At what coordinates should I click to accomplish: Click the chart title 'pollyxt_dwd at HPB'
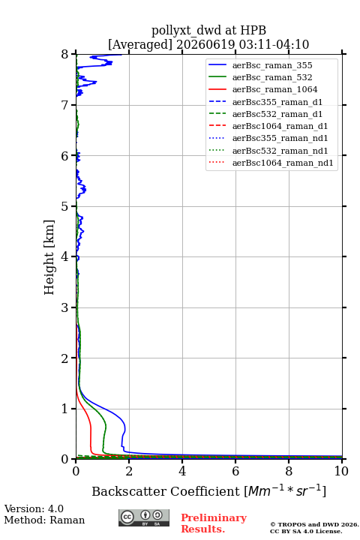(x=208, y=30)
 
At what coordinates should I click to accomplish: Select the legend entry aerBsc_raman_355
(x=272, y=65)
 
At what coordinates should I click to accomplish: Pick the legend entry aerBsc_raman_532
(x=272, y=77)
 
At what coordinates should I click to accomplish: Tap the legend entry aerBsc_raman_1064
(x=275, y=89)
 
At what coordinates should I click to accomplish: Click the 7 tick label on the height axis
(x=64, y=105)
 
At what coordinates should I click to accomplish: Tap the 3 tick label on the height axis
(x=64, y=307)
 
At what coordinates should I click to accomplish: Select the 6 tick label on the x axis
(x=235, y=471)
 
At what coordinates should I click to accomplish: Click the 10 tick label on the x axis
(x=341, y=471)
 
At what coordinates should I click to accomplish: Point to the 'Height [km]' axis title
(x=49, y=257)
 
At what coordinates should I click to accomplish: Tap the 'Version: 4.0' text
(x=34, y=508)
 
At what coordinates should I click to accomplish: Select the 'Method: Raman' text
(x=44, y=520)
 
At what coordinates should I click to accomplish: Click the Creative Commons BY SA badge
(x=144, y=517)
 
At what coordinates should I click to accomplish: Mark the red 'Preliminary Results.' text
(x=214, y=523)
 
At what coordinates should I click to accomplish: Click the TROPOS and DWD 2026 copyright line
(x=314, y=524)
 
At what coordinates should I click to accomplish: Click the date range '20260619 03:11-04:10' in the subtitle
(x=242, y=44)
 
